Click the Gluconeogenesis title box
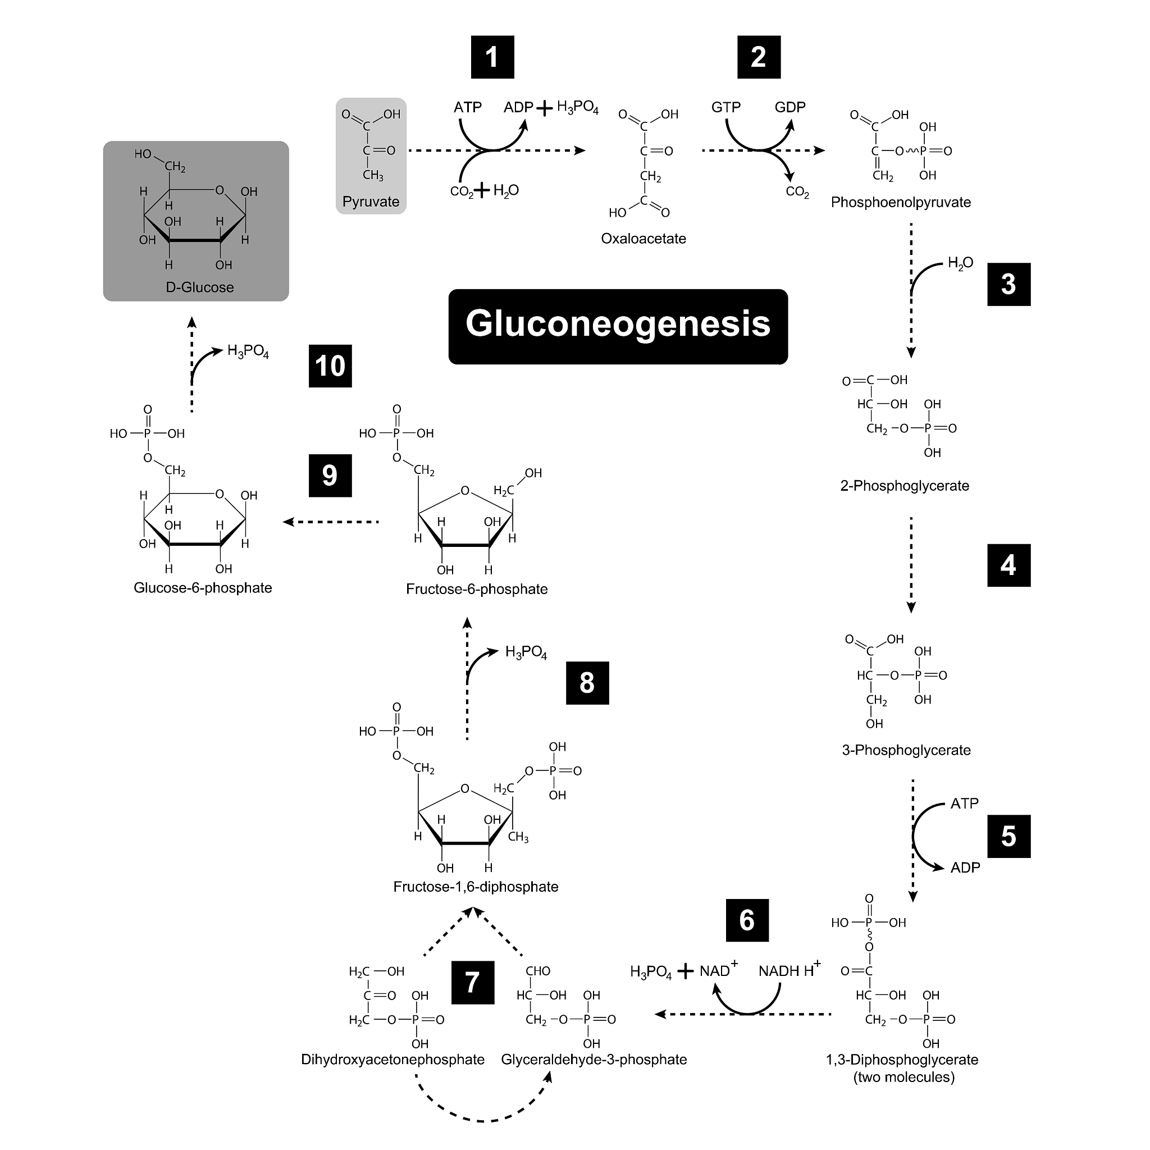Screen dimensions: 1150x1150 coord(618,326)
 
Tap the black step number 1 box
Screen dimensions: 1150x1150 coord(492,57)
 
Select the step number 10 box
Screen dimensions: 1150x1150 coord(330,366)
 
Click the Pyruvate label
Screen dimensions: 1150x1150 coord(371,202)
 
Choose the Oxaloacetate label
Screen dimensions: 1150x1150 coord(643,239)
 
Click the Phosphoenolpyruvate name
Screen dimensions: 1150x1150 coord(900,202)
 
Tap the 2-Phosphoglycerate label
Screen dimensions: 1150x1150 coord(904,486)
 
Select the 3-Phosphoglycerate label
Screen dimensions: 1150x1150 coord(906,750)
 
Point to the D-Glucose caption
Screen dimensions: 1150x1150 coord(199,287)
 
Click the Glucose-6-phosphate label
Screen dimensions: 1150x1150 coord(202,588)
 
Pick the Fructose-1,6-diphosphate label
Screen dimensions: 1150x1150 coord(476,887)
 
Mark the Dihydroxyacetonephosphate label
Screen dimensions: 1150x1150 coord(393,1060)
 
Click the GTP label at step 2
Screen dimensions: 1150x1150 coord(725,107)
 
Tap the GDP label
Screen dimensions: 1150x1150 coord(790,107)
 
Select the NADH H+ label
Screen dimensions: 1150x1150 coord(789,971)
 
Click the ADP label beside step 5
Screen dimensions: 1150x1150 coord(965,868)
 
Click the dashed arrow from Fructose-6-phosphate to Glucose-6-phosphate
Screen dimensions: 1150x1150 coord(331,522)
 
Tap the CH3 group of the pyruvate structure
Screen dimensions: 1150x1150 coord(373,175)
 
